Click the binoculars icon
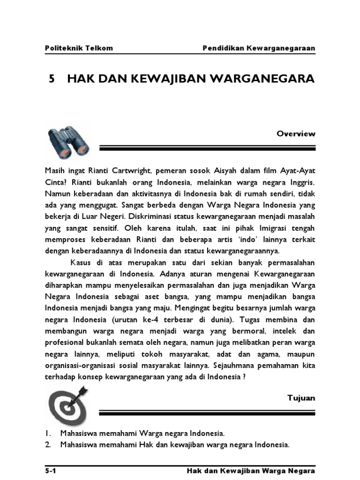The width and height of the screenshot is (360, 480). tap(69, 142)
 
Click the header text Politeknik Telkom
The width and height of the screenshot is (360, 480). tap(79, 48)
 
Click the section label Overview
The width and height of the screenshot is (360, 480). tap(296, 134)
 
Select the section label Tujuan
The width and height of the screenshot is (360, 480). tap(301, 398)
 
